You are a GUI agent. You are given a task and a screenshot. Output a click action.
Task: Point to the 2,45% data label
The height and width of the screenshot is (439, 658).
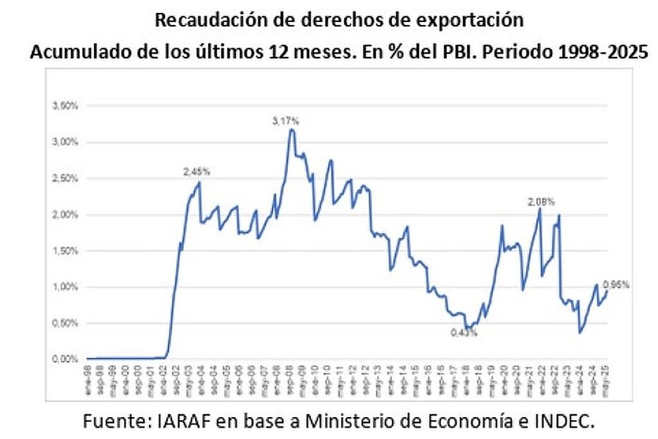tap(197, 172)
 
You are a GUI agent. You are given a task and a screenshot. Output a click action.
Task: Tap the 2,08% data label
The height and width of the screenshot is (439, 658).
tap(542, 202)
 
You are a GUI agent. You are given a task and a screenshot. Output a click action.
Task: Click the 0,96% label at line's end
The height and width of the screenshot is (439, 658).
tap(616, 285)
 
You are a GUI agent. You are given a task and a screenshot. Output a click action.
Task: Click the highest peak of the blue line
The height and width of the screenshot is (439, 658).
tap(291, 130)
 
